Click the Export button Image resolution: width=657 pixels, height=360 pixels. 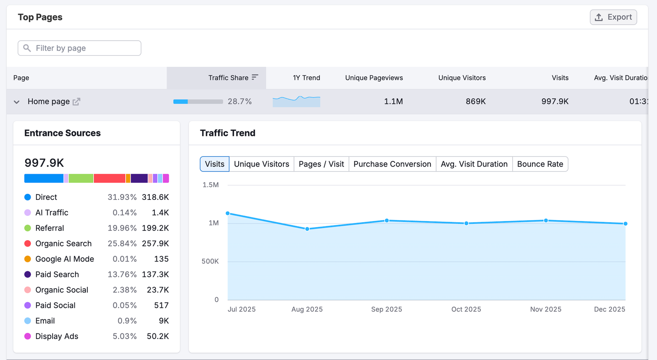613,17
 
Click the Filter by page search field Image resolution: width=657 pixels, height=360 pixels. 80,48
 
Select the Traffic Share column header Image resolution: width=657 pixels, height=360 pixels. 228,78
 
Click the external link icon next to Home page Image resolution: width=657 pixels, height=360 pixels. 76,102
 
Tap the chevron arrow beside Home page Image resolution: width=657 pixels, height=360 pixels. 16,102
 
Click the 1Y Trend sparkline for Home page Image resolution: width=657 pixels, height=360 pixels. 296,101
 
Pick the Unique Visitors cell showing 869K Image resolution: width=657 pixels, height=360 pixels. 476,101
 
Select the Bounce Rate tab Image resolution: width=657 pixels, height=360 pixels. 540,164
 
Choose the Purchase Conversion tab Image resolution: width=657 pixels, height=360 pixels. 392,164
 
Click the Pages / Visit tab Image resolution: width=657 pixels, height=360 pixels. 321,164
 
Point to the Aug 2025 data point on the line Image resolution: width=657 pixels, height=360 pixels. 307,229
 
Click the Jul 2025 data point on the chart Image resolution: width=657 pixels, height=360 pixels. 228,213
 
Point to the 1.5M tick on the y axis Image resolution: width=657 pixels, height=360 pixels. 211,185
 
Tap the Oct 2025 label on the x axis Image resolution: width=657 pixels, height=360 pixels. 466,309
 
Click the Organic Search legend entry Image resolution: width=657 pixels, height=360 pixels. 63,243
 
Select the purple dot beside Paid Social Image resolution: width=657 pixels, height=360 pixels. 28,305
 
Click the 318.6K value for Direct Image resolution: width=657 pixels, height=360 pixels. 155,197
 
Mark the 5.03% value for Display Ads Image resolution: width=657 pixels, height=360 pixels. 124,336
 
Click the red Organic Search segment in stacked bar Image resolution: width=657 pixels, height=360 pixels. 109,178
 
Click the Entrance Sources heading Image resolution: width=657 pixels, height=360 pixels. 62,133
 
